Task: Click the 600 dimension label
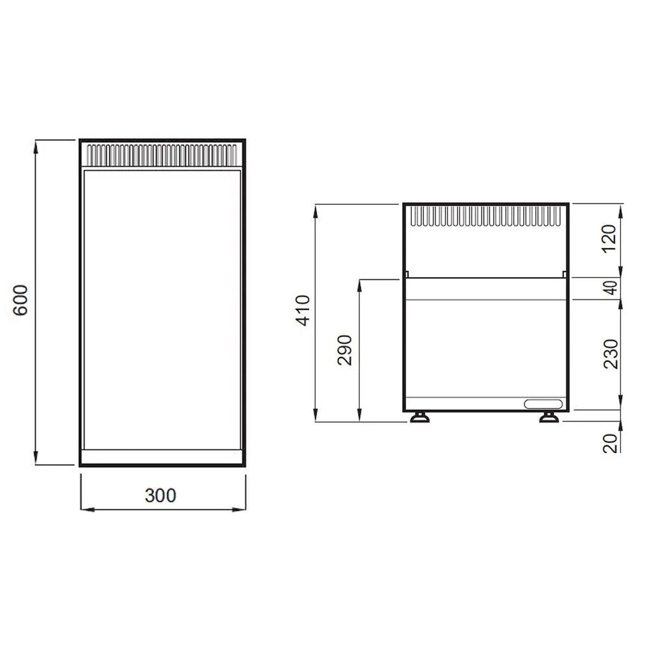[20, 300]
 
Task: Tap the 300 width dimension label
[160, 496]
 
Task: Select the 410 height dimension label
[303, 310]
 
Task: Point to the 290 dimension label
[345, 350]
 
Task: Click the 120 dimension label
[610, 239]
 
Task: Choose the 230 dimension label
[610, 354]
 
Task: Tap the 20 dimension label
[610, 443]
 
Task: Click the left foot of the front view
[419, 417]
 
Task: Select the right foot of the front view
[549, 417]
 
